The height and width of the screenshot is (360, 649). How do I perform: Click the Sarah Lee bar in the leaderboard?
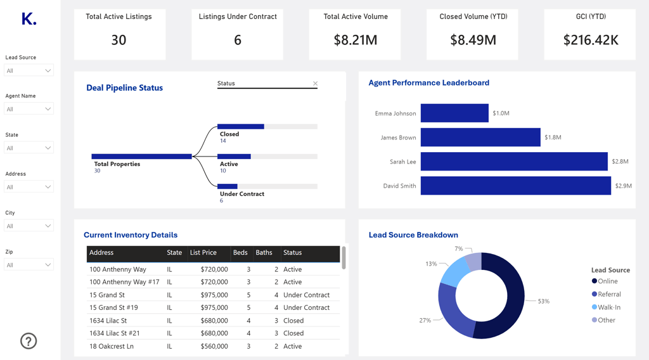(513, 162)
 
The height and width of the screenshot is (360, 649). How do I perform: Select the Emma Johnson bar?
(454, 113)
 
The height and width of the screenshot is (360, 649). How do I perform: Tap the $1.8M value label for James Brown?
(553, 138)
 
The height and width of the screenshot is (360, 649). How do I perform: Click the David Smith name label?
(399, 186)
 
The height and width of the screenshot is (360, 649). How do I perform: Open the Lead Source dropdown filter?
(29, 70)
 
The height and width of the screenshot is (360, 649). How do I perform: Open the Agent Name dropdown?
(29, 109)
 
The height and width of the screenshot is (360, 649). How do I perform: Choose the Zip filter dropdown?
(29, 265)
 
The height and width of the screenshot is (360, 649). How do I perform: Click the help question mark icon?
(29, 341)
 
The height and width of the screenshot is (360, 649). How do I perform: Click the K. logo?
(29, 19)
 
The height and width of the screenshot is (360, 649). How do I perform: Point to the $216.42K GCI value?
(591, 41)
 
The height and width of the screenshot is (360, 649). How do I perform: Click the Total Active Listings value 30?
(119, 41)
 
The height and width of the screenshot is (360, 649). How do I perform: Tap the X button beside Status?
(315, 84)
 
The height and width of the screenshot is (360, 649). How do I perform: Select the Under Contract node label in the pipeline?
(241, 194)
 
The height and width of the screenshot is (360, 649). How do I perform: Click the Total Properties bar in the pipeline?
(141, 157)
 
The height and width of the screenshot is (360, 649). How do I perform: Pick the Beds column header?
(240, 253)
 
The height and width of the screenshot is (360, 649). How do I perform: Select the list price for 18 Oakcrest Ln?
(214, 346)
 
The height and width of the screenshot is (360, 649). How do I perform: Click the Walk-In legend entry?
(608, 307)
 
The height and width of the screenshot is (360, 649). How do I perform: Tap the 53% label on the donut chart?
(543, 301)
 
